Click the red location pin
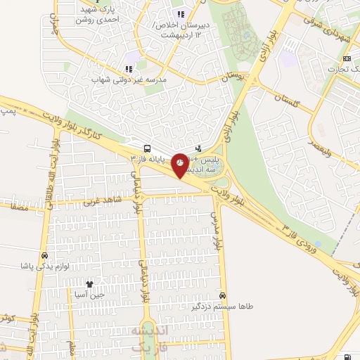click(x=180, y=165)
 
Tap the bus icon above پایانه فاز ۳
click(x=146, y=149)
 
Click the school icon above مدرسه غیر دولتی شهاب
click(x=128, y=69)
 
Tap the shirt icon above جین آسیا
click(x=89, y=284)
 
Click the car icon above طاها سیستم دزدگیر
click(x=223, y=296)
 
